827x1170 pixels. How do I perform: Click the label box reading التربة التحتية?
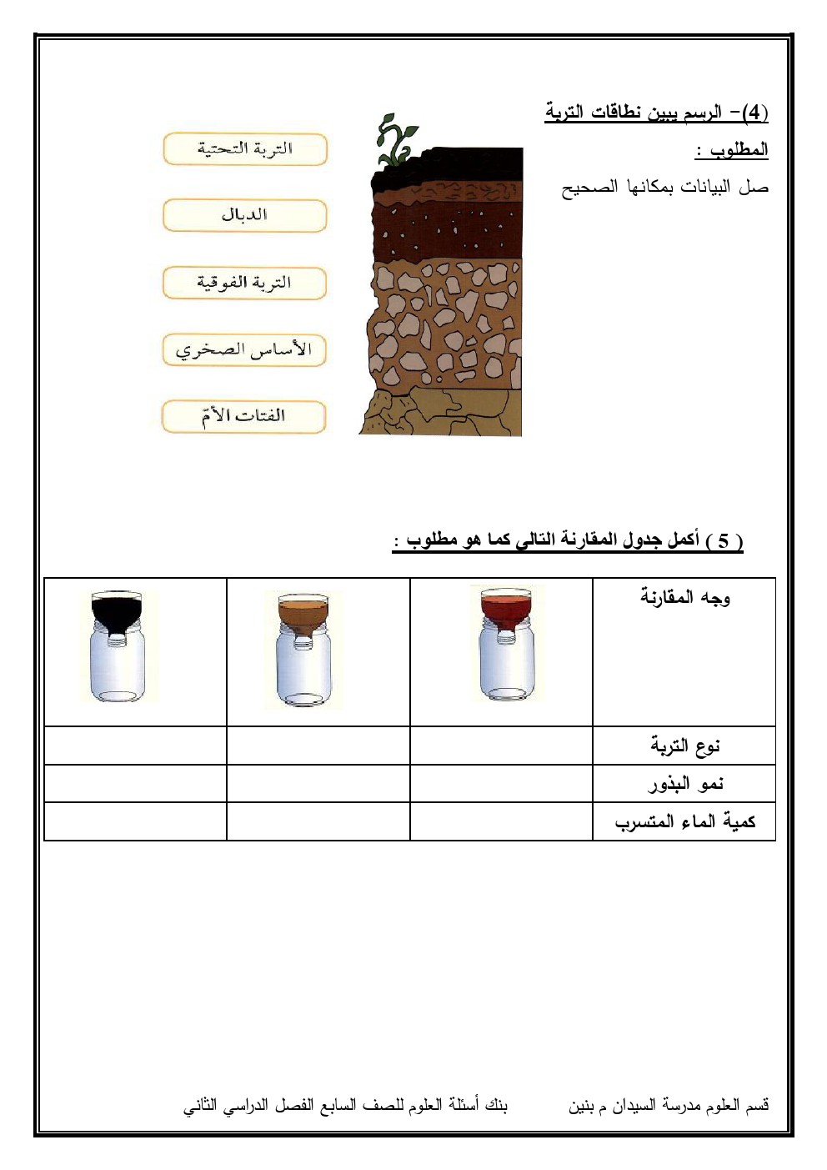(x=245, y=149)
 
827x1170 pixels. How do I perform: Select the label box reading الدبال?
(x=245, y=215)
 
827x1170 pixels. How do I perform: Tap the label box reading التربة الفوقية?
(x=245, y=283)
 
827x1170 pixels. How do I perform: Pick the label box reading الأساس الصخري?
(x=245, y=349)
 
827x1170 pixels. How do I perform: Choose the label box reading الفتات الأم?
(x=245, y=416)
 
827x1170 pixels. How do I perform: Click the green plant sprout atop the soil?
(x=395, y=140)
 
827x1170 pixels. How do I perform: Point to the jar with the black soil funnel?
(x=123, y=647)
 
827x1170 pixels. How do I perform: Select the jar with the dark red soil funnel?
(x=507, y=644)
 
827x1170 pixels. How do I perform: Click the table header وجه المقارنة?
(x=685, y=597)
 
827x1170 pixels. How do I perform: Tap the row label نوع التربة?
(x=685, y=746)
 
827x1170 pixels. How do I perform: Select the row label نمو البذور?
(x=685, y=784)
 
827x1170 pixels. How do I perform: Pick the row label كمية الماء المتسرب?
(x=685, y=821)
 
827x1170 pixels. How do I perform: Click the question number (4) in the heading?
(x=754, y=113)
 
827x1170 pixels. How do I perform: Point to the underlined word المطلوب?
(x=732, y=150)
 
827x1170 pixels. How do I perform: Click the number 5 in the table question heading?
(x=723, y=541)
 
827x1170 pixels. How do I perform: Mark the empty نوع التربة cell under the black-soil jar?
(x=135, y=746)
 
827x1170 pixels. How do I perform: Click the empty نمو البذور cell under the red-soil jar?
(x=501, y=784)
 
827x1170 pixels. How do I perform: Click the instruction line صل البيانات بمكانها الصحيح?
(x=664, y=188)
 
